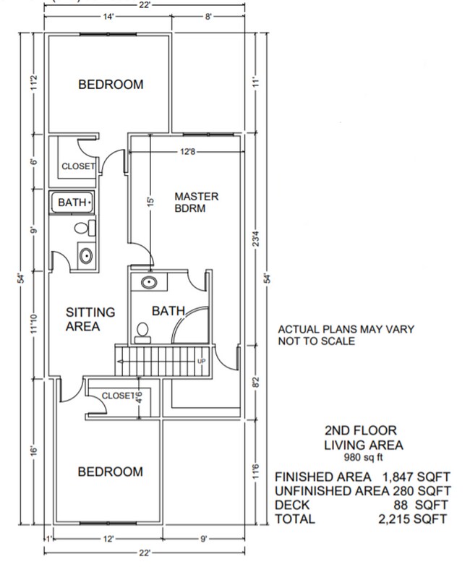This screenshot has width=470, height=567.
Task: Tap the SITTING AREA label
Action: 90,319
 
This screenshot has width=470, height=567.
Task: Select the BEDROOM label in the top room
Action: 111,85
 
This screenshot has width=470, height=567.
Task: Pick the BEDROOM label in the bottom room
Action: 111,472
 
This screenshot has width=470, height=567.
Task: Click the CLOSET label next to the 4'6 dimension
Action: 118,396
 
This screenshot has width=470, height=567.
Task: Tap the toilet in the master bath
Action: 143,331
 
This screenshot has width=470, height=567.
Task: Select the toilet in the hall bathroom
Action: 83,229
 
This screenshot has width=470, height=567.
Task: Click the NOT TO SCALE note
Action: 317,341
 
